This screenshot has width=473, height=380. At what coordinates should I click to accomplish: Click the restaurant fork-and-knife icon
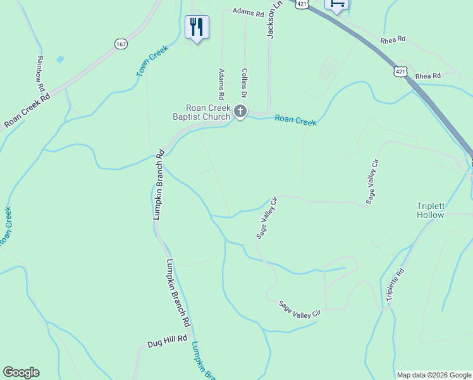[197, 27]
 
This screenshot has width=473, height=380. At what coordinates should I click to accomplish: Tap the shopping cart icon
[336, 4]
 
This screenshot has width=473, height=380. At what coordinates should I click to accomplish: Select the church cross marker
[240, 111]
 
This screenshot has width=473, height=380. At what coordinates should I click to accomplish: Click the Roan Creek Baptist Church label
[203, 112]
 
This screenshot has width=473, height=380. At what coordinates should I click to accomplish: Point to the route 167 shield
[121, 44]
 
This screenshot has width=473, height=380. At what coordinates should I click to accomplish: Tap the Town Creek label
[152, 61]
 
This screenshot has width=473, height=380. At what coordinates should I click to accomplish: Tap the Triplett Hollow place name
[431, 210]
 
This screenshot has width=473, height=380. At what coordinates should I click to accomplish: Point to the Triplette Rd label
[393, 284]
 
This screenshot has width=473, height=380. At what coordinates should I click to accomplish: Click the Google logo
[21, 372]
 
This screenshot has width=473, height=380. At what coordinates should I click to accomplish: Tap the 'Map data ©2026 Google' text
[433, 375]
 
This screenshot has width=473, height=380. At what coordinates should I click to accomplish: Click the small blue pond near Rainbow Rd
[60, 59]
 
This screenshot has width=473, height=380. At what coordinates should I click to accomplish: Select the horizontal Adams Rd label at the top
[247, 12]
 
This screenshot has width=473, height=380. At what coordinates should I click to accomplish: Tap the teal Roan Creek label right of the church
[295, 120]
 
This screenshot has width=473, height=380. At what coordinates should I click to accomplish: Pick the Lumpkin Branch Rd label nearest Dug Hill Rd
[178, 293]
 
